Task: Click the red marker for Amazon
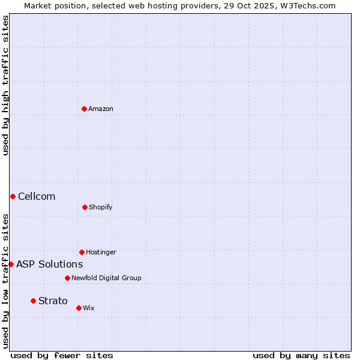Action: [x=84, y=109]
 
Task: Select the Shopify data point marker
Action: [x=85, y=207]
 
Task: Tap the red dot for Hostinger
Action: [x=82, y=252]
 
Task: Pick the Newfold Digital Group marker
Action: [x=67, y=278]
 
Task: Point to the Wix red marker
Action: [x=79, y=308]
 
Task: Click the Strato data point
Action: [x=33, y=301]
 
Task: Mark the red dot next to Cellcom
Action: [x=13, y=196]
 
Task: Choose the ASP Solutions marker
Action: [x=11, y=264]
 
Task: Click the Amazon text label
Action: [x=101, y=109]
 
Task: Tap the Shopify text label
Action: [x=101, y=207]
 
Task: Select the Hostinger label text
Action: [x=101, y=252]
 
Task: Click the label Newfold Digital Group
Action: [x=106, y=278]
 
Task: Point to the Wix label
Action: [x=89, y=308]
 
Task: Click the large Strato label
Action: [x=53, y=301]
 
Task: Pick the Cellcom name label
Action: [x=37, y=196]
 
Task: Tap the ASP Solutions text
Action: [x=49, y=264]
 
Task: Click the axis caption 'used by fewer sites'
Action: [x=62, y=355]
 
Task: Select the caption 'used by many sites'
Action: [x=301, y=355]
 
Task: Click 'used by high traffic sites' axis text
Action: [x=5, y=85]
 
